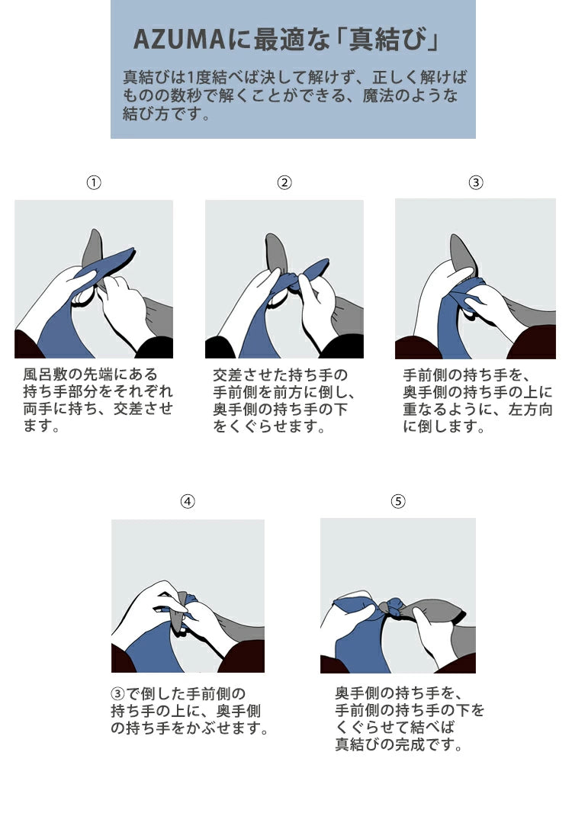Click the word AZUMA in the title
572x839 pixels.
(178, 40)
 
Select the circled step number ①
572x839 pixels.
(94, 183)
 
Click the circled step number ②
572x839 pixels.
(284, 183)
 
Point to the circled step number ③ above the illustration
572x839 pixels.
(476, 183)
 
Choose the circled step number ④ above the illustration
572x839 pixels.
(188, 501)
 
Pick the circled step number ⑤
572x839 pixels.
(398, 501)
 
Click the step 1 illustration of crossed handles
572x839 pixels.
(94, 278)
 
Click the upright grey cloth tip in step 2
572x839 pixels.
(276, 252)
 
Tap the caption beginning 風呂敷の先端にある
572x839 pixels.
(98, 400)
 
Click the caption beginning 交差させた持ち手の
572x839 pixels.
(284, 400)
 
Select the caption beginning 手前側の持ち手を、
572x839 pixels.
(477, 400)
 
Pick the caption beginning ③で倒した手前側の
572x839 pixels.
(189, 711)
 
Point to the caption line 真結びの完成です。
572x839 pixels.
(399, 744)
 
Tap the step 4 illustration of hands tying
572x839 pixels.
(188, 596)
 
